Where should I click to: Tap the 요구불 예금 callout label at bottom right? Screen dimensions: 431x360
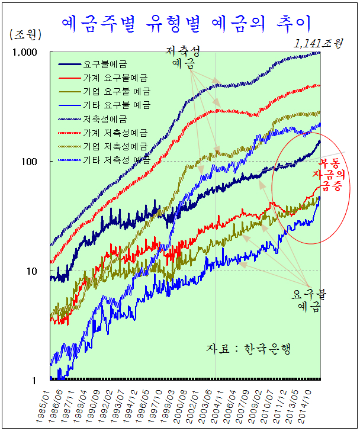pos(308,300)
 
